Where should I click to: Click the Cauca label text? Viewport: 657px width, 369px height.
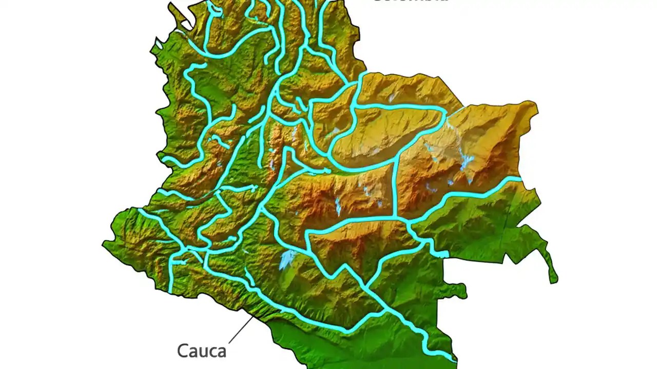point(202,351)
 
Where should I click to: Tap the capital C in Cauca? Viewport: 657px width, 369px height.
point(183,351)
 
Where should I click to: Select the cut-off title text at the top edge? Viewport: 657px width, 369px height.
point(411,2)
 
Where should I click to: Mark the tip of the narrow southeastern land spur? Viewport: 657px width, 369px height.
point(553,280)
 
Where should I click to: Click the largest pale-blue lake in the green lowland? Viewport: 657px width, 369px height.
point(287,259)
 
